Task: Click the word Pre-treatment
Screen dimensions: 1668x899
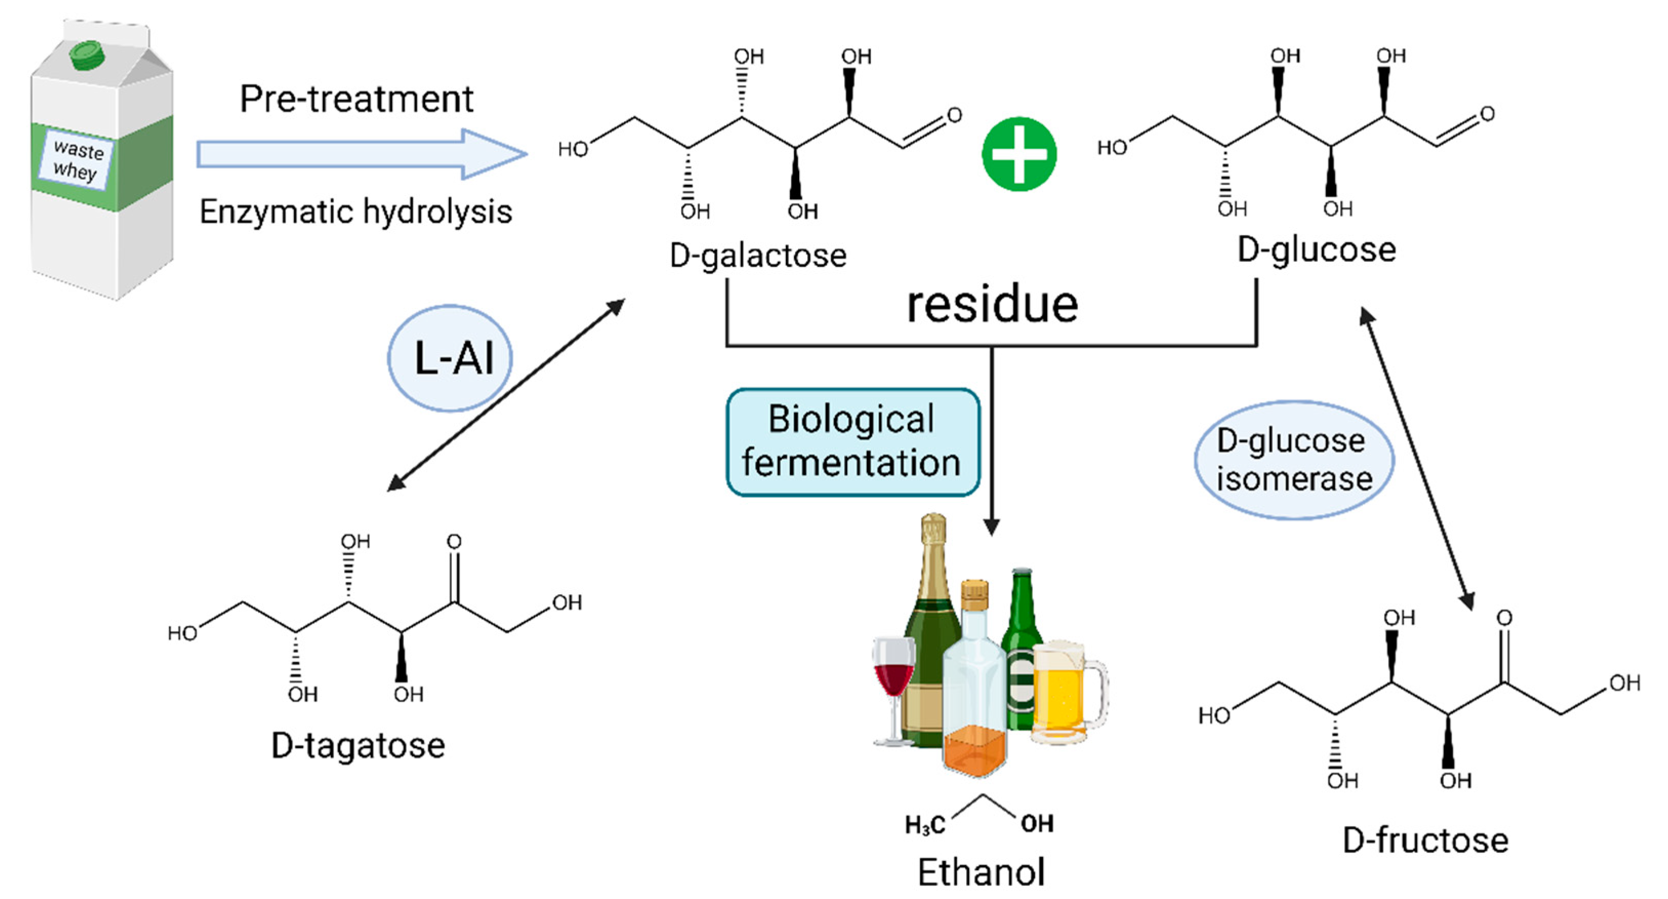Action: point(356,99)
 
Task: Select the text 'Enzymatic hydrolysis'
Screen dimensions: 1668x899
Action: point(356,212)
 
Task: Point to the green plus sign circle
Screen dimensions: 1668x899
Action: point(1019,154)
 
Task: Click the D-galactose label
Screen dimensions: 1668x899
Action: point(758,255)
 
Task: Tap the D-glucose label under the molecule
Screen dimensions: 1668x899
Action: point(1317,250)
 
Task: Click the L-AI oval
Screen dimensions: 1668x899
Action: point(450,358)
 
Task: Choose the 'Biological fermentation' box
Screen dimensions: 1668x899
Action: point(853,443)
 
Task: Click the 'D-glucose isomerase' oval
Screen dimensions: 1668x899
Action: point(1294,460)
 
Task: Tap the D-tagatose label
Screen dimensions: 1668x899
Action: point(358,745)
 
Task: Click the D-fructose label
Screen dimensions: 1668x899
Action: point(1426,840)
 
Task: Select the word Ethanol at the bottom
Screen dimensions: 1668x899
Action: point(982,872)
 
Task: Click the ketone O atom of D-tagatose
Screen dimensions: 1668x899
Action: point(454,541)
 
